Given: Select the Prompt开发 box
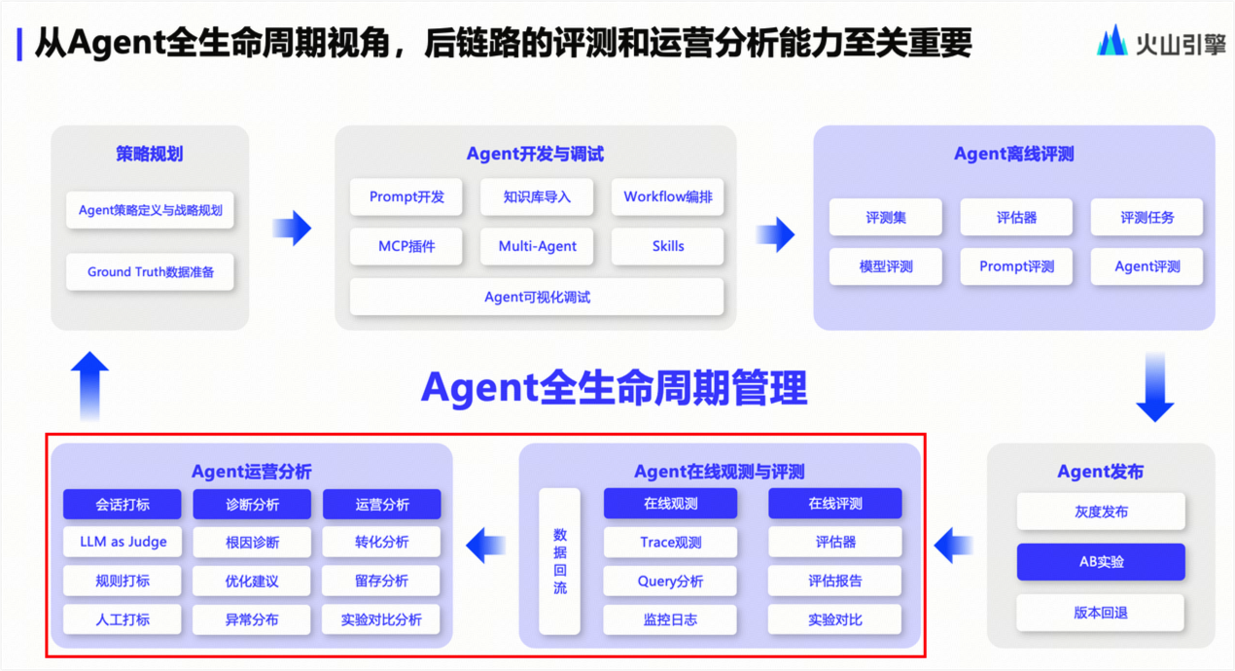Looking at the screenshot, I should coord(406,196).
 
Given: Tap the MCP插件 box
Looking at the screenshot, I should coord(406,246).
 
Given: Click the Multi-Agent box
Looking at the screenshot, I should coord(537,246).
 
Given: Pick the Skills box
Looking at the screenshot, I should coord(668,246).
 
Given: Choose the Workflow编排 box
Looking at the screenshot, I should coord(668,196).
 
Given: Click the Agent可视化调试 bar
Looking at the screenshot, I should coord(537,297).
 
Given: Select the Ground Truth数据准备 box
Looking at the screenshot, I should coord(150,271).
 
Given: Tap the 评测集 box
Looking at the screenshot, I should coord(885,217).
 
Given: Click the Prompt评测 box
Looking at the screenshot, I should coord(1016,266).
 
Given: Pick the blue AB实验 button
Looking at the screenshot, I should coord(1101,561).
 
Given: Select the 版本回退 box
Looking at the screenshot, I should coord(1101,613).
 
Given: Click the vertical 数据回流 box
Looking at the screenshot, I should coord(559,561).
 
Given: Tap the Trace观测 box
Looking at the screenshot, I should coord(670,542).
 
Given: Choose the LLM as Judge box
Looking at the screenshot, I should coord(123,542).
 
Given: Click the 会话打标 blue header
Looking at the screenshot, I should coord(123,504).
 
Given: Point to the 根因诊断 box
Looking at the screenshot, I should coord(252,542).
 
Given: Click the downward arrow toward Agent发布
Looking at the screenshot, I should coord(1154,387).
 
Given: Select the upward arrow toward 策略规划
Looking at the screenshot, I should coord(89,386).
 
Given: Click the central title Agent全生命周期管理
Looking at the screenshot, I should coord(614,388).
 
